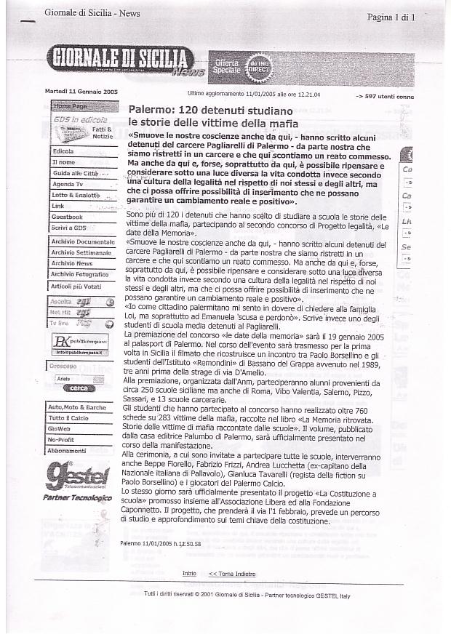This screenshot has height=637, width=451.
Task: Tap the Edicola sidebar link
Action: pos(63,151)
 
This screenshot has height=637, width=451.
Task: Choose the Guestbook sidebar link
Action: pos(67,217)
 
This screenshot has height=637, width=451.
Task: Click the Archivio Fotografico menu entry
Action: pos(79,274)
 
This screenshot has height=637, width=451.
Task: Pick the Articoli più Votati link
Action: pos(76,286)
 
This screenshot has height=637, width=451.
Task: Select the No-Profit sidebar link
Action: pos(63,440)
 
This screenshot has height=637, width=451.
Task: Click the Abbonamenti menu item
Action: pos(67,451)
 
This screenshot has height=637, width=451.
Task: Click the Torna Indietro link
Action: pos(232,574)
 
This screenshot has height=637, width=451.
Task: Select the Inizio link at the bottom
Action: pos(189,574)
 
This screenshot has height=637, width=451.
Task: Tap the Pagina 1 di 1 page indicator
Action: pos(391,16)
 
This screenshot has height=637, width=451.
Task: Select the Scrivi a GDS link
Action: pos(69,228)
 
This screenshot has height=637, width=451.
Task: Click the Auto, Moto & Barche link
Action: pos(76,407)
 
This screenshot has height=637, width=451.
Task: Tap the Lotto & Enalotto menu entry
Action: pos(76,195)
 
